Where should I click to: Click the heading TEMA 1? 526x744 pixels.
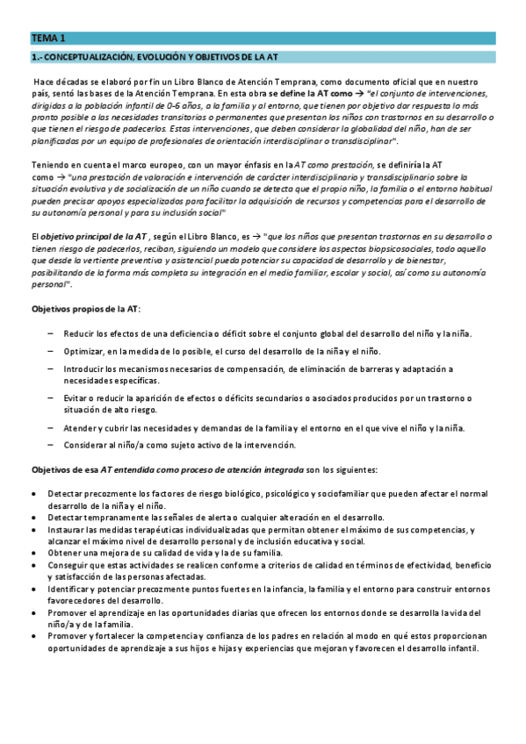47,39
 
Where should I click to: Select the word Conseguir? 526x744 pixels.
71,566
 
